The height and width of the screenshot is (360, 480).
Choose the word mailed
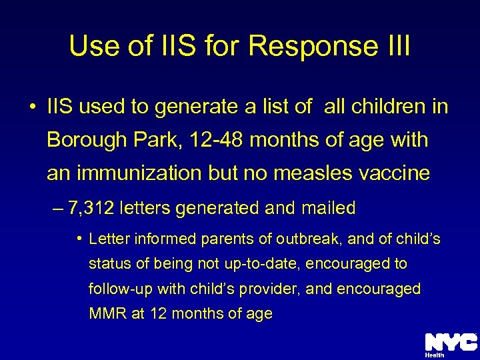329,208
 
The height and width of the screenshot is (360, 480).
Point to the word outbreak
306,239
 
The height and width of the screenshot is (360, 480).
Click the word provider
279,289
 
